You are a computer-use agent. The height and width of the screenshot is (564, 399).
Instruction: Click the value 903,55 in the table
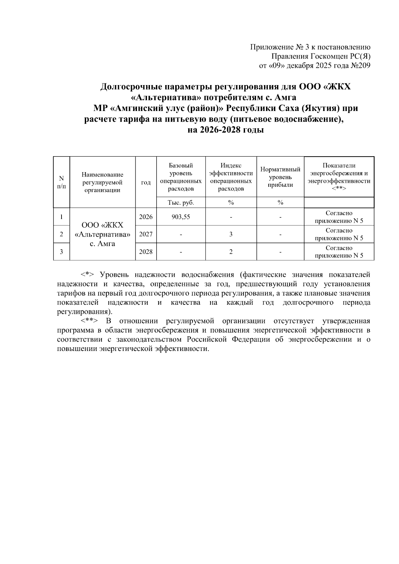(181, 217)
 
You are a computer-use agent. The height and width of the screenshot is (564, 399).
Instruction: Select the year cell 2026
(146, 217)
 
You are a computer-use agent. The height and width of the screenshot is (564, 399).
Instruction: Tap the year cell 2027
(146, 234)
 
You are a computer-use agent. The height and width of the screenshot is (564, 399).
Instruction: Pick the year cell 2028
(146, 252)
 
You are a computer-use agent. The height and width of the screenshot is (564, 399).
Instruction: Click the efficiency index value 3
(231, 234)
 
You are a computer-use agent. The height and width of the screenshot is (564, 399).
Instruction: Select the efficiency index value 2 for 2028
(231, 252)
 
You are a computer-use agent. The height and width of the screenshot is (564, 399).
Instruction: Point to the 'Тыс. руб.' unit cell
(181, 202)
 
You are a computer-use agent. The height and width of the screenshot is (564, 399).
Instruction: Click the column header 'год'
(146, 182)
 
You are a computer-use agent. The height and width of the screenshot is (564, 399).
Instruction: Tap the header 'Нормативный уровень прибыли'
(280, 177)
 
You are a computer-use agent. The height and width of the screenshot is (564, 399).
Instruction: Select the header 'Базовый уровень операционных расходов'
(181, 177)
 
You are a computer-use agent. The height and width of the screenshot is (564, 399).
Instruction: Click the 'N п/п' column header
(62, 182)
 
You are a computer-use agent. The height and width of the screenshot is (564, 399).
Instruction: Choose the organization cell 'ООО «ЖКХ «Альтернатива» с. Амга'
(102, 234)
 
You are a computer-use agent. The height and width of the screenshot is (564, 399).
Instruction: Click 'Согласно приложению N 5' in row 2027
(339, 234)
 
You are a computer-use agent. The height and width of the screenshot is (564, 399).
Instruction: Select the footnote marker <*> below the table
(87, 275)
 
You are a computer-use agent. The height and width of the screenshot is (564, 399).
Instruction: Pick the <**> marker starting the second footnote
(89, 321)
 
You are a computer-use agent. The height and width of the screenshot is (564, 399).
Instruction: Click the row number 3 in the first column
(62, 252)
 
